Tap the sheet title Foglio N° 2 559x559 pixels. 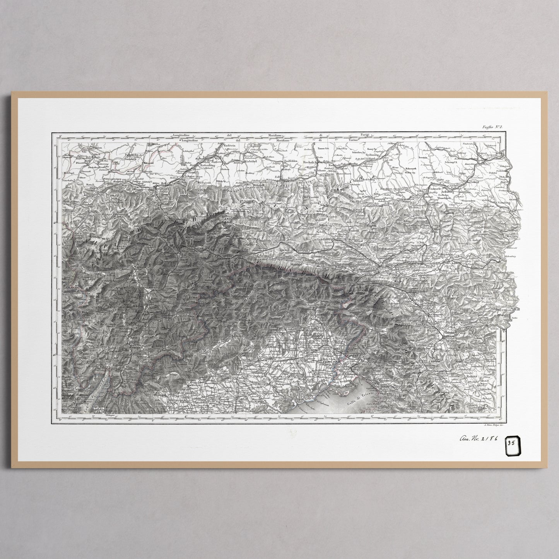491,127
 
